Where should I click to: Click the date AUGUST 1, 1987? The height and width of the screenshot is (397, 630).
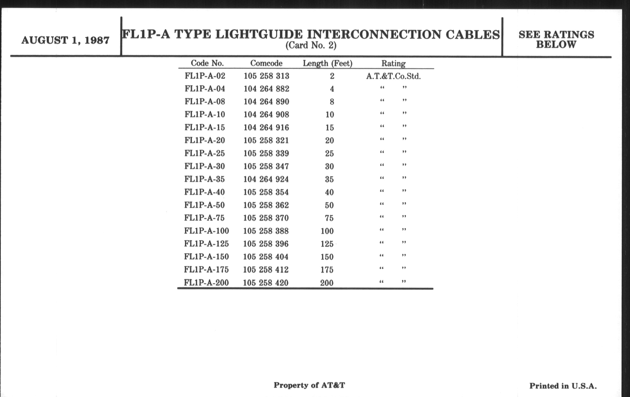pos(65,40)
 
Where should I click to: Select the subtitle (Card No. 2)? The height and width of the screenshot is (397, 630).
pos(311,45)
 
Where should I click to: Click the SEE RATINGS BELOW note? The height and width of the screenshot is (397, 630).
pos(556,39)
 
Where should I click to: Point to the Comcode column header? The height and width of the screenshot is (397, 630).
pos(266,63)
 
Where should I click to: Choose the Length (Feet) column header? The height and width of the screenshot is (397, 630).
pos(327,63)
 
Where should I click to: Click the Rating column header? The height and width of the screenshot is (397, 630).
pos(393,64)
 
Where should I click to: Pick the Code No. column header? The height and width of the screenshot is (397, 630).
pos(207,63)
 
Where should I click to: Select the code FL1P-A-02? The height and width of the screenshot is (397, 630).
pos(205,76)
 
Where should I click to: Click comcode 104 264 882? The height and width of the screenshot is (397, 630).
pos(266,89)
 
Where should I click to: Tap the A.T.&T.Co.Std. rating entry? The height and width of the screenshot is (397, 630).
pos(393,76)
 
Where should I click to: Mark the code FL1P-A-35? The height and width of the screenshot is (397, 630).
pos(205,179)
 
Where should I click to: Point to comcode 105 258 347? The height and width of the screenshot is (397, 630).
pos(266,166)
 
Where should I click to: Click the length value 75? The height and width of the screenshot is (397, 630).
pos(329,218)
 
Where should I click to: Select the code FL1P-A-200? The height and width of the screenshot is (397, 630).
pos(206,283)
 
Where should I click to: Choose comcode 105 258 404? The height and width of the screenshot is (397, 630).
pos(266,257)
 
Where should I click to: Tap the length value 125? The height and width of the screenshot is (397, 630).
pos(327,244)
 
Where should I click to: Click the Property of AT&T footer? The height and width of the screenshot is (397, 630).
pos(310,385)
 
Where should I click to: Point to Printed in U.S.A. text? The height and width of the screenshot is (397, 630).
pos(563,386)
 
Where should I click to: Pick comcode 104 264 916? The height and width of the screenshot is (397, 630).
pos(266,127)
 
